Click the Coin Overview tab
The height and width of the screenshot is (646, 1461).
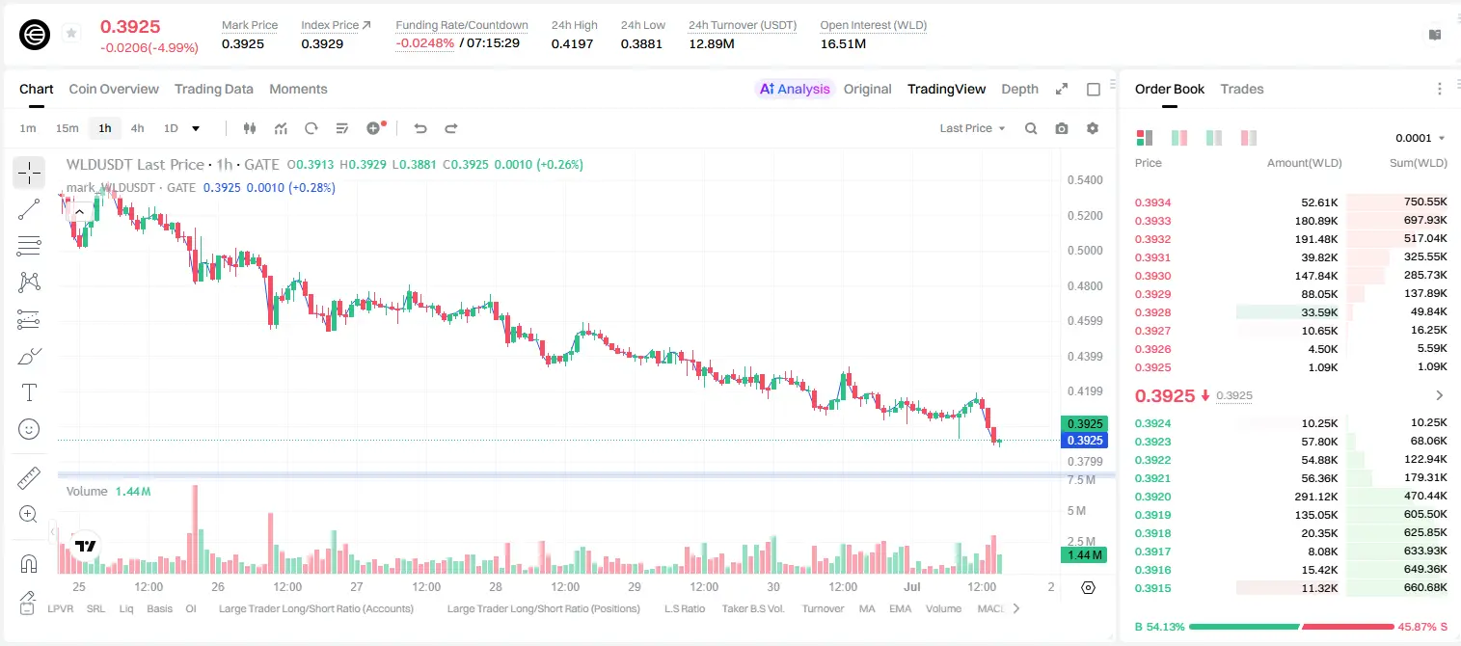[x=114, y=89]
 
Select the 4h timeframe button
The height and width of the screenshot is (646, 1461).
[x=137, y=128]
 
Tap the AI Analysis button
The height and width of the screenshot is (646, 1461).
[x=795, y=89]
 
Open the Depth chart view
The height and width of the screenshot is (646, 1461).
[x=1019, y=89]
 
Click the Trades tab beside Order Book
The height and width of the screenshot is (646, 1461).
[x=1242, y=89]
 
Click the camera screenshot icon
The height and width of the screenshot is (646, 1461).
[x=1062, y=128]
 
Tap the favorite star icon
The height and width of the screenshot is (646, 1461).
[x=71, y=33]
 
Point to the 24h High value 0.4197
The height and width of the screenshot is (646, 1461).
[x=572, y=43]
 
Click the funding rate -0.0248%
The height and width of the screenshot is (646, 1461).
[x=424, y=43]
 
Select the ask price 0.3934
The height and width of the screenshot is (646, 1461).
[x=1152, y=202]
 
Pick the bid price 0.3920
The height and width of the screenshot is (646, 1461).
[x=1152, y=497]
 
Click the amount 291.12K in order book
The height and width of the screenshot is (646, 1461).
[x=1316, y=497]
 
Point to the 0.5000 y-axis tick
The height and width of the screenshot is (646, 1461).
[x=1085, y=251]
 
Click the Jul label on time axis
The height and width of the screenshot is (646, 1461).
[x=912, y=586]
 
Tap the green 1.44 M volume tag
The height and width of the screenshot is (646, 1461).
[x=1084, y=554]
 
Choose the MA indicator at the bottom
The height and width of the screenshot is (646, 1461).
[x=867, y=608]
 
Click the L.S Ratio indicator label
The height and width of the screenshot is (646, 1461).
[x=684, y=608]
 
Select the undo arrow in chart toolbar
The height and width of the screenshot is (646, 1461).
[x=420, y=128]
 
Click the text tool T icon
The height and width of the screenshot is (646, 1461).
[x=29, y=392]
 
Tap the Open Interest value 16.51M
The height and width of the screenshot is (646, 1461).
[x=843, y=43]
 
